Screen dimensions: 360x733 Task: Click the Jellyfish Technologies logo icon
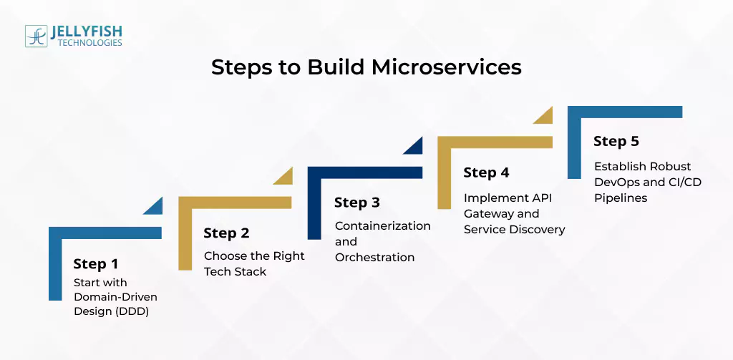point(36,37)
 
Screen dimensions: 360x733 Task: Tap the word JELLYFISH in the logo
point(87,31)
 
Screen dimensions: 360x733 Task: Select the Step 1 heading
point(95,264)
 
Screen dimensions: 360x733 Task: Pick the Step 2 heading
point(226,233)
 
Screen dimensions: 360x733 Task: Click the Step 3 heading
point(356,203)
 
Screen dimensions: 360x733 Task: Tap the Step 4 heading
point(486,172)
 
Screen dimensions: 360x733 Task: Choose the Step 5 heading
point(616,141)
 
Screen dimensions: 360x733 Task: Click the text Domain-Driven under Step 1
point(115,296)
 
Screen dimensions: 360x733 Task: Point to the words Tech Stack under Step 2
point(235,271)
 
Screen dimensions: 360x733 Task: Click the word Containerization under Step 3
point(382,225)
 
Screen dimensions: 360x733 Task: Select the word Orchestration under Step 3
point(374,257)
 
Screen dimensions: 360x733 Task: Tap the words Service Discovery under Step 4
point(514,229)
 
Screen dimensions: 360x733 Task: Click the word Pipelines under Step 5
point(620,198)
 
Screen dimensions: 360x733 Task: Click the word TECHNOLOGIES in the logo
point(86,43)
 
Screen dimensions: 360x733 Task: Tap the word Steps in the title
point(243,67)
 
